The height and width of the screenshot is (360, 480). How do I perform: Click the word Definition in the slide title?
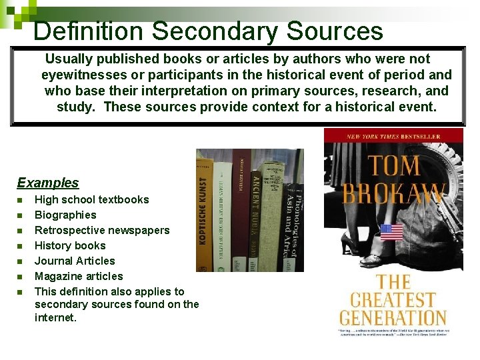88,31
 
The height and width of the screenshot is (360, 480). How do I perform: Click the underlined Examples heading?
47,183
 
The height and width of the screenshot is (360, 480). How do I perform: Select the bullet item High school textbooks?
91,199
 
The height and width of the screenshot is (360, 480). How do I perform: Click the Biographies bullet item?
65,215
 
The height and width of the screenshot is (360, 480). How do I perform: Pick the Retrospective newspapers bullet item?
102,230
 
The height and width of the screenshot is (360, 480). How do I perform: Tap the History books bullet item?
70,245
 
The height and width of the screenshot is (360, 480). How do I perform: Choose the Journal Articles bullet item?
75,261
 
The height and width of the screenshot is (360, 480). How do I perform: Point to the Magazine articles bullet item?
79,276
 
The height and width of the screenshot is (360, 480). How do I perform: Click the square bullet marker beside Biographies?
20,215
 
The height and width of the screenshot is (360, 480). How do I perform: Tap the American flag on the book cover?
391,232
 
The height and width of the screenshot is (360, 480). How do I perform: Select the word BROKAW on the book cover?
393,194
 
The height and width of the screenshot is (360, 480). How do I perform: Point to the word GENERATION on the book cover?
393,317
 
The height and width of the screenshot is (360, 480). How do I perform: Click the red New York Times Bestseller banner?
393,136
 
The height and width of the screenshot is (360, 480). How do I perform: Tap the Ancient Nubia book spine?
255,210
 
